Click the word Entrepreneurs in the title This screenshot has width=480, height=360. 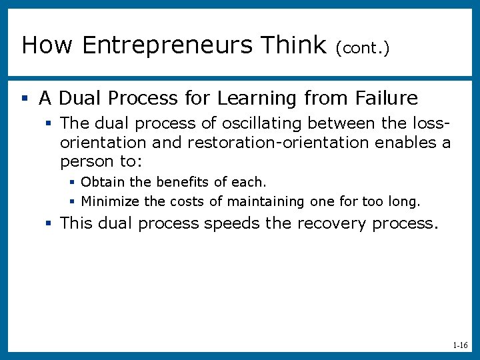pyautogui.click(x=168, y=45)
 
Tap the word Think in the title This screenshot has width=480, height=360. pyautogui.click(x=293, y=45)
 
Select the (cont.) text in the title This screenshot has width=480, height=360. pyautogui.click(x=363, y=47)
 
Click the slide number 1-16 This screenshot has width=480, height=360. pyautogui.click(x=459, y=346)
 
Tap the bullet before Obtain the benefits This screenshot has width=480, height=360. pyautogui.click(x=72, y=182)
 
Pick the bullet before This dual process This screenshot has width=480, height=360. pyautogui.click(x=49, y=223)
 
